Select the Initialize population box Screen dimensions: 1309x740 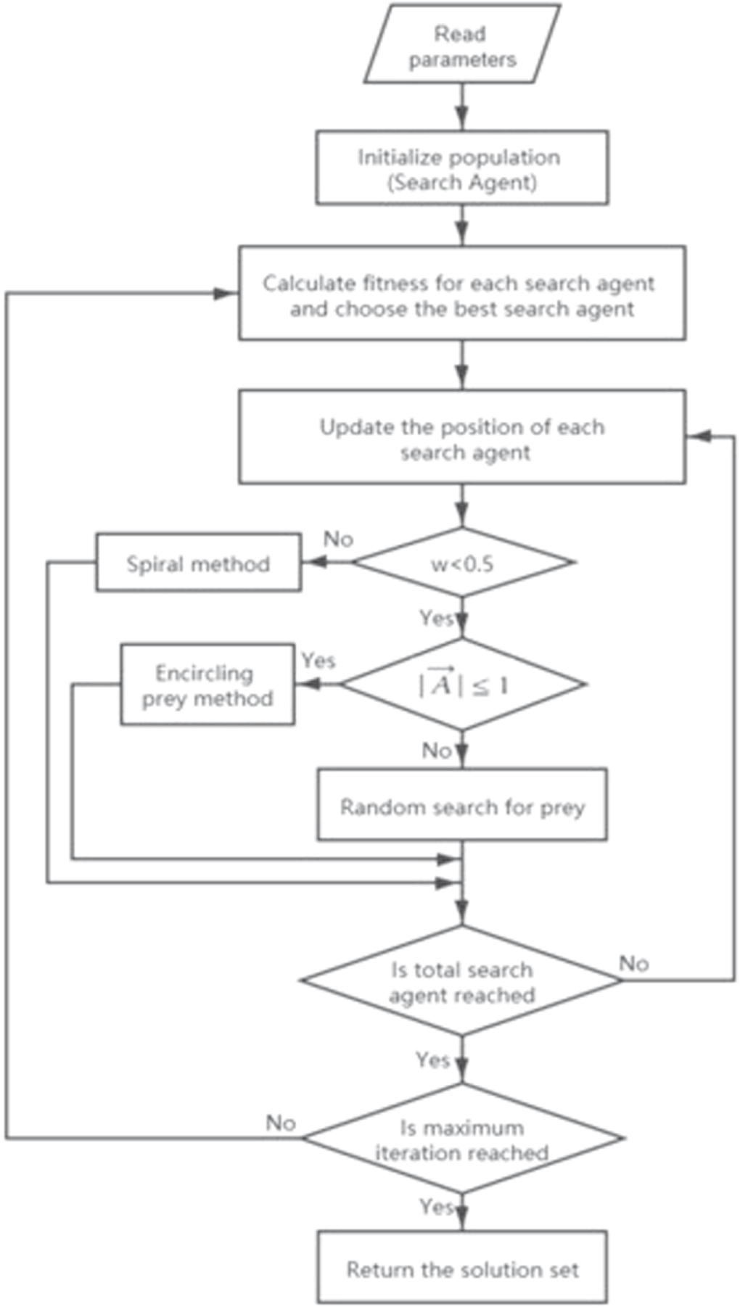tap(461, 168)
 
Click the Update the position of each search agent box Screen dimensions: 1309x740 tap(461, 437)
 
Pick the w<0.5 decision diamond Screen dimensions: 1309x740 tap(461, 562)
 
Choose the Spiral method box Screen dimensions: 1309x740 tap(198, 563)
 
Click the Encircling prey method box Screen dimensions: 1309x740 tap(207, 684)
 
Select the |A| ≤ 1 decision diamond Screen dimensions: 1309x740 tap(461, 684)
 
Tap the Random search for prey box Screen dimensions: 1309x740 tap(461, 806)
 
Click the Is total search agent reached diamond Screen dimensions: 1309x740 tap(461, 980)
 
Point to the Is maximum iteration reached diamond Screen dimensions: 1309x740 tap(461, 1139)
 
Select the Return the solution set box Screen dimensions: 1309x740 tap(461, 1269)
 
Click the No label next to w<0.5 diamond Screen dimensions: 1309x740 tap(338, 539)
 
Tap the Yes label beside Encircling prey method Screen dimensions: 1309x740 tap(318, 660)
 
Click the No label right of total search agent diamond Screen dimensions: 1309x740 tap(633, 963)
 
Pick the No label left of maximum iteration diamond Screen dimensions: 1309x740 tap(280, 1123)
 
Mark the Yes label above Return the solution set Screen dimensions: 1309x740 tap(435, 1207)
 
